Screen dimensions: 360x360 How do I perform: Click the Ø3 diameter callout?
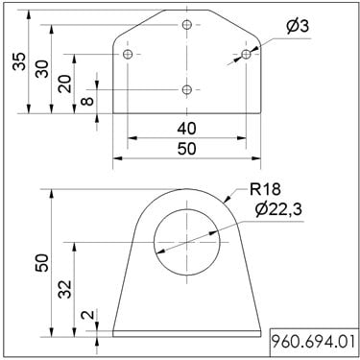tap(298, 26)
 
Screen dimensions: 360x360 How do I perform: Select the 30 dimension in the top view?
tap(41, 69)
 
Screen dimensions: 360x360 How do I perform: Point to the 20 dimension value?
tap(64, 84)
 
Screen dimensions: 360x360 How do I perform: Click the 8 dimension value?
tap(87, 101)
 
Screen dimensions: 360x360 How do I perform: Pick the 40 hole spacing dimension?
tap(186, 129)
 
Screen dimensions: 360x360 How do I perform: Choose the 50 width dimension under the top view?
tap(186, 149)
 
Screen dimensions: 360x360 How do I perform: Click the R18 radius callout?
tap(265, 189)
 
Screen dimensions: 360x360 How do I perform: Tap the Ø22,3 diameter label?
tap(278, 210)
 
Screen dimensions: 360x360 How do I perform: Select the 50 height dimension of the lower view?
tap(42, 262)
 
